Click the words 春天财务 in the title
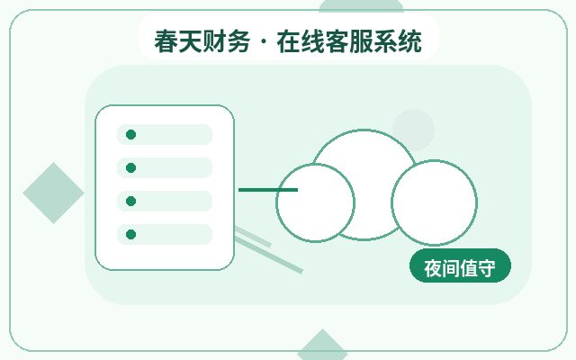click(x=202, y=41)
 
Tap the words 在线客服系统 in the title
click(x=349, y=41)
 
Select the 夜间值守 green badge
click(x=460, y=266)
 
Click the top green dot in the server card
click(x=130, y=134)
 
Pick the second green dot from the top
click(x=130, y=168)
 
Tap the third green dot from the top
click(x=130, y=201)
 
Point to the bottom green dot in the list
click(x=130, y=234)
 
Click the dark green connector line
click(x=268, y=190)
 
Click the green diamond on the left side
click(x=54, y=193)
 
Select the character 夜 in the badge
click(x=433, y=268)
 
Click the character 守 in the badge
click(x=486, y=268)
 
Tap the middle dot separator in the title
click(x=264, y=42)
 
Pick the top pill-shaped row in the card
click(x=165, y=134)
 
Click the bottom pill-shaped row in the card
click(x=165, y=234)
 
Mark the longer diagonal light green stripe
click(x=269, y=255)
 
